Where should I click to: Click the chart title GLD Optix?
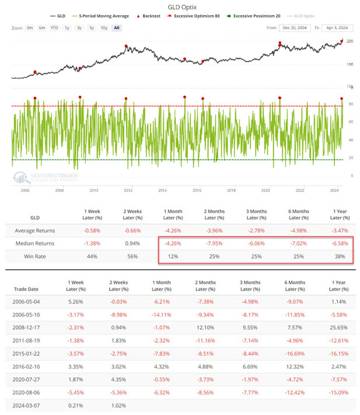(x=182, y=7)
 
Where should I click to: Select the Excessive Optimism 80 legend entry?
(x=193, y=16)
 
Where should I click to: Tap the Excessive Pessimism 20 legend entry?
(x=253, y=16)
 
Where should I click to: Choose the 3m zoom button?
(x=30, y=28)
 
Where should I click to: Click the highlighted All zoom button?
(x=117, y=28)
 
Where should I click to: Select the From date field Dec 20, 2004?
(x=295, y=28)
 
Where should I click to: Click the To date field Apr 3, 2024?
(x=337, y=28)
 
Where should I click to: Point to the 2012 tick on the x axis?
(x=128, y=190)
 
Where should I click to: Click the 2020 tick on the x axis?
(x=265, y=190)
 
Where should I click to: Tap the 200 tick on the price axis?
(x=349, y=41)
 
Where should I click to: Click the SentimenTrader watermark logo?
(x=46, y=177)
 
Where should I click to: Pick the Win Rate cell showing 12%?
(x=173, y=256)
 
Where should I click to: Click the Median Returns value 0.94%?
(x=132, y=243)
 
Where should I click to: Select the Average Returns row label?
(x=35, y=231)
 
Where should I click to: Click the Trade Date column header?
(x=26, y=289)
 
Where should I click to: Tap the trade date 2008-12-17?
(x=26, y=327)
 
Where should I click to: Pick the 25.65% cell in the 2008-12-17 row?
(x=338, y=327)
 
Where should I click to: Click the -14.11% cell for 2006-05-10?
(x=162, y=315)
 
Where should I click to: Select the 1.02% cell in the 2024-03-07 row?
(x=118, y=406)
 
